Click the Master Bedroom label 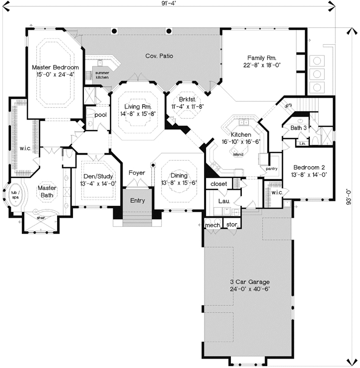point(55,67)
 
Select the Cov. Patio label point(159,56)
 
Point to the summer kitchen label point(102,75)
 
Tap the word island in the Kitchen point(238,154)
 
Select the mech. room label point(213,225)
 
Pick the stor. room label point(232,225)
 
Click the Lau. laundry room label point(223,201)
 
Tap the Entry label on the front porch point(138,201)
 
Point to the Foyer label point(137,173)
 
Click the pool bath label point(100,115)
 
